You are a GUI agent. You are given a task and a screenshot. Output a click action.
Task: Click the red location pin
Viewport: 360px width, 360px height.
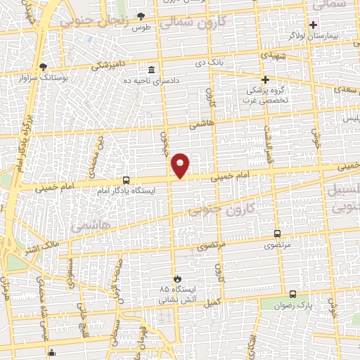[x=181, y=165]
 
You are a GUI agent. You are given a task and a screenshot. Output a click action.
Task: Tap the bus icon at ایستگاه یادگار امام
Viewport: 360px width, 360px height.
[x=126, y=180]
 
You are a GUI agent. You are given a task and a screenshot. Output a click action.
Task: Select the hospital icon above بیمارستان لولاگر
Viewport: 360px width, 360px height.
[x=314, y=25]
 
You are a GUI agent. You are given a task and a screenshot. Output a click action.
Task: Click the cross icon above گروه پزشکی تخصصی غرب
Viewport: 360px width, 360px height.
[x=265, y=79]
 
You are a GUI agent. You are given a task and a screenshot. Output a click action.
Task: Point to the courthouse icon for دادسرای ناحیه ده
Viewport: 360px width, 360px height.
[x=151, y=70]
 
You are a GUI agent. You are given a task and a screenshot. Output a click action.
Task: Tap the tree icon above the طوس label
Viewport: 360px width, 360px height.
[x=141, y=15]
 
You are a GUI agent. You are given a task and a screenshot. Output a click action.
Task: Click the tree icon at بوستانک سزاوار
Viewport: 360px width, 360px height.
[x=44, y=66]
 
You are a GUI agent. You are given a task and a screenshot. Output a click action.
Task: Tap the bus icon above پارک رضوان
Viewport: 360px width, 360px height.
[x=292, y=295]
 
